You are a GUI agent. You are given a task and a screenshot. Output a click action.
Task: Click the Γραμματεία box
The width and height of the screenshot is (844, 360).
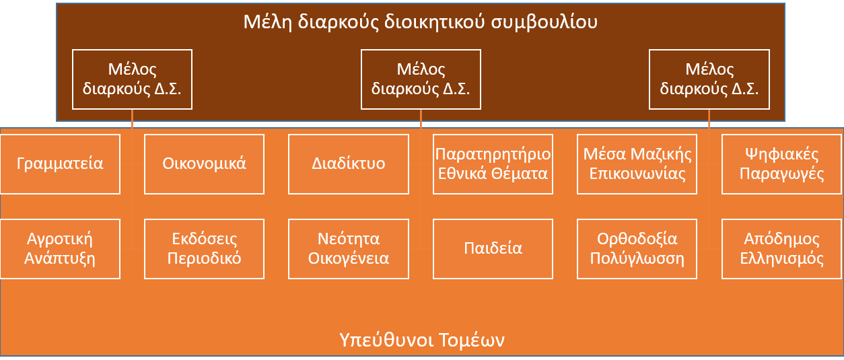pyautogui.click(x=61, y=164)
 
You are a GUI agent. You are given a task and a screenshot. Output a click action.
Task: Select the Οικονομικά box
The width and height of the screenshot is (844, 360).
pyautogui.click(x=204, y=164)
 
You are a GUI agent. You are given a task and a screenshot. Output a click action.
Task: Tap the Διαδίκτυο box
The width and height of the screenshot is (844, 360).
pyautogui.click(x=349, y=164)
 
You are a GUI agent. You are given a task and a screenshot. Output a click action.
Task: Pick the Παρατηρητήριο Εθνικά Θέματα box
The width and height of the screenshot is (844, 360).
pyautogui.click(x=493, y=164)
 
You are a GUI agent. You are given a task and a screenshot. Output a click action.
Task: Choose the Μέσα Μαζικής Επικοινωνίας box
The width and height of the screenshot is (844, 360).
pyautogui.click(x=637, y=164)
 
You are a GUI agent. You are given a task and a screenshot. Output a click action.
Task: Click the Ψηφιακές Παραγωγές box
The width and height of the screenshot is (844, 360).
pyautogui.click(x=781, y=164)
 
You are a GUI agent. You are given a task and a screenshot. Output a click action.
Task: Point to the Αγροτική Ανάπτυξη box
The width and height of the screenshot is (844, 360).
pyautogui.click(x=61, y=249)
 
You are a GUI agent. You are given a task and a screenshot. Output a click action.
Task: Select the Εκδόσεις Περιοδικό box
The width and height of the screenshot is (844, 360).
pyautogui.click(x=204, y=249)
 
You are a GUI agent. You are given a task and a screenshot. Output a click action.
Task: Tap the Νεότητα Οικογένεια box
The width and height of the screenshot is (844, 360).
pyautogui.click(x=349, y=249)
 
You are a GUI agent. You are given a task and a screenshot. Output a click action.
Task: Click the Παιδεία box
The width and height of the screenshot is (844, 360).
pyautogui.click(x=493, y=249)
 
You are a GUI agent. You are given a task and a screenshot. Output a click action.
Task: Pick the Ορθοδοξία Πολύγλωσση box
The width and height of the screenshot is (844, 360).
pyautogui.click(x=637, y=249)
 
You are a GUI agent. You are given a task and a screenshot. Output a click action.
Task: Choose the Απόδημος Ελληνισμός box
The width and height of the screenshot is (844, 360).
pyautogui.click(x=781, y=249)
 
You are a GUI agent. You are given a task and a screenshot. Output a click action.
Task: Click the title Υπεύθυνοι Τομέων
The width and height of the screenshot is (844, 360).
pyautogui.click(x=422, y=340)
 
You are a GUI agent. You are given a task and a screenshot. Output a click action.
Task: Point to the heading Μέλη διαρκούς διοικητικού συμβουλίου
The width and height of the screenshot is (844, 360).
pyautogui.click(x=421, y=22)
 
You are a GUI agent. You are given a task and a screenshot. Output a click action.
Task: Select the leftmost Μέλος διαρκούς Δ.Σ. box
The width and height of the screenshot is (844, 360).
pyautogui.click(x=132, y=79)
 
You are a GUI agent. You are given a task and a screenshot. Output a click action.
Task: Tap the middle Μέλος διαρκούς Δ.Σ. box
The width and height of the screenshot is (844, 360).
pyautogui.click(x=421, y=79)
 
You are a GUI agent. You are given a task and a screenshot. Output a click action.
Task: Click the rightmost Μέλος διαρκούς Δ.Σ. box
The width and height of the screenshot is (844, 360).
pyautogui.click(x=709, y=79)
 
